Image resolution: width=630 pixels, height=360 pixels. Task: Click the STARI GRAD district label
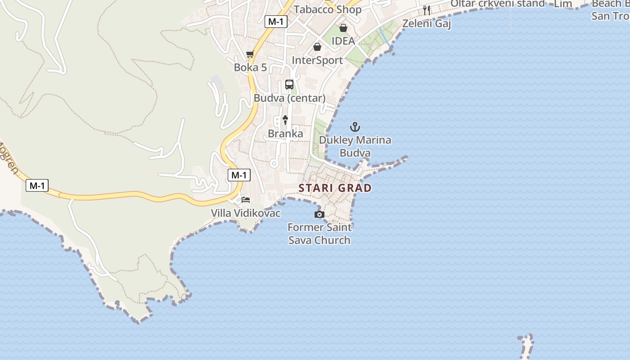point(335,188)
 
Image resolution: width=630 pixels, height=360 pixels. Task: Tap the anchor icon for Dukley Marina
point(355,127)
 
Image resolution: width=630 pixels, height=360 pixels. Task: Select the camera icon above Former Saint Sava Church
point(319,215)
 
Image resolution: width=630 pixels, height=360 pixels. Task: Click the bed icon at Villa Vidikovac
point(246,199)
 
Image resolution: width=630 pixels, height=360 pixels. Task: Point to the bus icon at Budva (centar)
point(289,85)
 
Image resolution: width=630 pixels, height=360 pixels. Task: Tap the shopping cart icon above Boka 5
point(250,54)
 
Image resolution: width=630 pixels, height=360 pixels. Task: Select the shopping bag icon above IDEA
point(343,28)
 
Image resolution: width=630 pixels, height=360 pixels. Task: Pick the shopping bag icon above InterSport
point(317,47)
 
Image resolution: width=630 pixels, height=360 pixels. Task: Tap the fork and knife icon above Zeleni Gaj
point(427,10)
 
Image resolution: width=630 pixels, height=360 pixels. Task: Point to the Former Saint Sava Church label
point(319,234)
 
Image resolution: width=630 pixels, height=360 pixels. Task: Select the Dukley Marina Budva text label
point(355,146)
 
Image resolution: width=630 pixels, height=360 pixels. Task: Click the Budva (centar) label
point(289,98)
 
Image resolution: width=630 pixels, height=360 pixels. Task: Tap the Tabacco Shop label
point(328,9)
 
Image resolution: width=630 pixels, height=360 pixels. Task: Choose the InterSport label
point(317,60)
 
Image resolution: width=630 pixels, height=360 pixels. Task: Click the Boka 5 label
point(250,67)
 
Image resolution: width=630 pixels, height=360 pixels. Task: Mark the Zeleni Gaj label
point(427,23)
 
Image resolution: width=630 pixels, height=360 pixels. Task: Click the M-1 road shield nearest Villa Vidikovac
point(239,175)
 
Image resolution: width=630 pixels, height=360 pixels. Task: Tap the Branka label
point(285,134)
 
